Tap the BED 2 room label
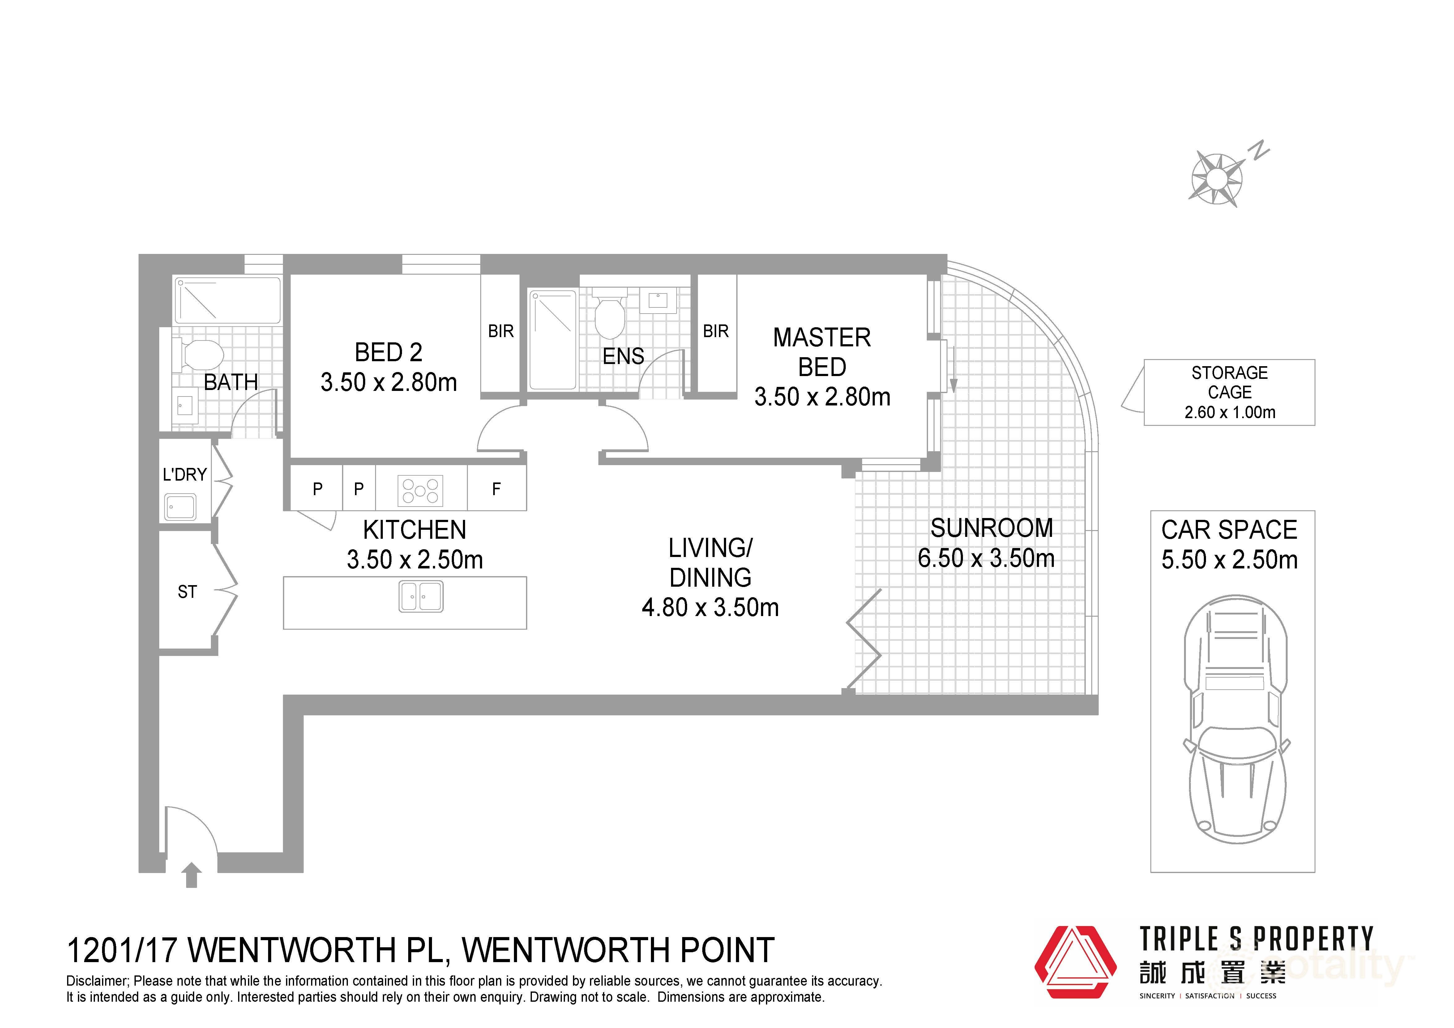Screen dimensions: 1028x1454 pos(388,352)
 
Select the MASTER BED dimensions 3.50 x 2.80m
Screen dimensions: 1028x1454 pos(822,397)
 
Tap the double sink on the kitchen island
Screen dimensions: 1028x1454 pos(421,597)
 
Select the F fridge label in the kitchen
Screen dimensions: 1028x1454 pos(497,489)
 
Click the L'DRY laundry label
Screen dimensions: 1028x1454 pos(184,474)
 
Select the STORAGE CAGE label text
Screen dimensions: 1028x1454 pos(1229,383)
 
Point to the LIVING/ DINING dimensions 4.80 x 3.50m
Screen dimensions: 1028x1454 pos(710,607)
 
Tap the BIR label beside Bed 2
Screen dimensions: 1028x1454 pos(501,331)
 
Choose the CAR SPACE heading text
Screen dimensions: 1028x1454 pos(1229,529)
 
